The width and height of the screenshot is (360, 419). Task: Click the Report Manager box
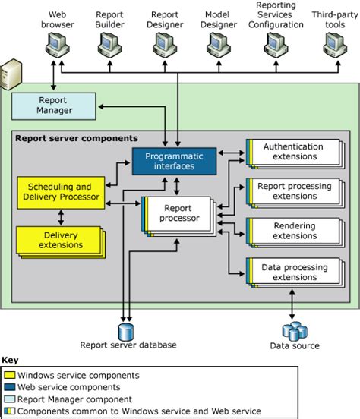tap(53, 105)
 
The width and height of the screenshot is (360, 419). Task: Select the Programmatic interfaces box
tap(175, 161)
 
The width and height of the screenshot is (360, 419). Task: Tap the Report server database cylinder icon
tap(125, 331)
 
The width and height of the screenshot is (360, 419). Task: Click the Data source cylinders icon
tap(294, 331)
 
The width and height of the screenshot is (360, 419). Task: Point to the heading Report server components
tap(76, 138)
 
